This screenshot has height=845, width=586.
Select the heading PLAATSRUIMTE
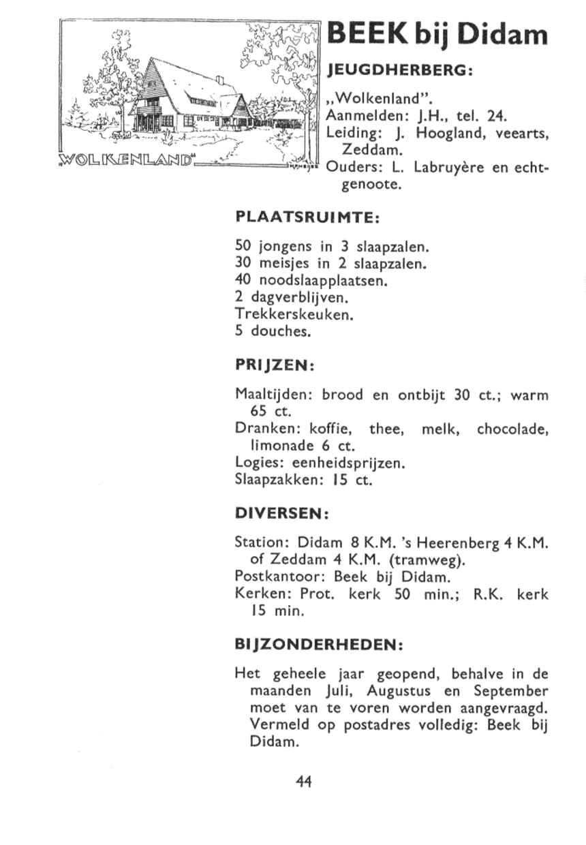[307, 217]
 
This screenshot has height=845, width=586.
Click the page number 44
[304, 782]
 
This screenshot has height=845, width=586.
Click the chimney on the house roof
[219, 80]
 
